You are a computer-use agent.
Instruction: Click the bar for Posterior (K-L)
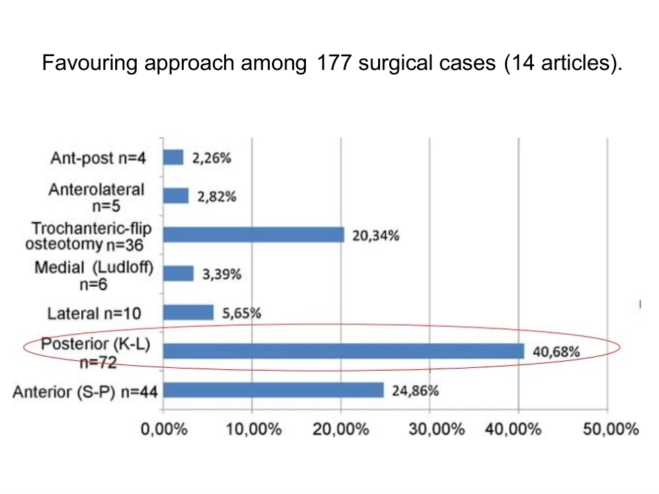pos(344,351)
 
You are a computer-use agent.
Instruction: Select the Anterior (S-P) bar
pos(273,390)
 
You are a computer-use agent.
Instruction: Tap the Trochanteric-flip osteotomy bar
pos(254,235)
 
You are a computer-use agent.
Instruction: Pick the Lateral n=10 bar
pos(188,312)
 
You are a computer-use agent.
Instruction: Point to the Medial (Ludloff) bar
pos(178,273)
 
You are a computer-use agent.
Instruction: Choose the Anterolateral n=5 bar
pos(176,195)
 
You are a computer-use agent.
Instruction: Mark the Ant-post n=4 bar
pos(173,157)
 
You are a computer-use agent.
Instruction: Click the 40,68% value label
pos(556,351)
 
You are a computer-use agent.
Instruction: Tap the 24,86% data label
pos(416,391)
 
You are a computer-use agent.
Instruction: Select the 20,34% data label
pos(376,236)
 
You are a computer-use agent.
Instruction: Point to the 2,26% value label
pos(212,158)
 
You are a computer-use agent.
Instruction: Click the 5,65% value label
pos(241,313)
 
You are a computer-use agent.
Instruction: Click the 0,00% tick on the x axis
pos(164,430)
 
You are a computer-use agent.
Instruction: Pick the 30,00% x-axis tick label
pos(436,430)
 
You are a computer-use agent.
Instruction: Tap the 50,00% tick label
pos(610,430)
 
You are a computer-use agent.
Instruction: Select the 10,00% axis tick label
pos(254,430)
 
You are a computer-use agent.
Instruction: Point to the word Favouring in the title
pos(90,63)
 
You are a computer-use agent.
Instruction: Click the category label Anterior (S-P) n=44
pos(85,392)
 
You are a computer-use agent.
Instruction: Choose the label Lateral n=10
pos(94,314)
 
